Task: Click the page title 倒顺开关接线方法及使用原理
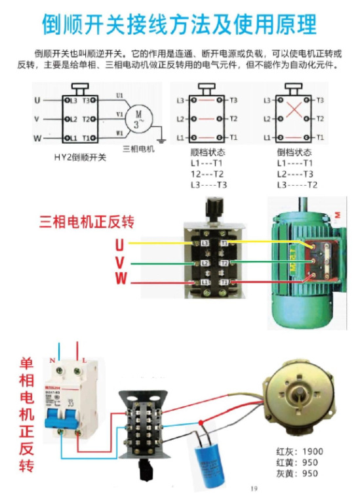[179, 24]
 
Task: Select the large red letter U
[119, 245]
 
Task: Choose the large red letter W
[120, 279]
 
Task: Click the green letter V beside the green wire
[120, 262]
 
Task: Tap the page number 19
[254, 488]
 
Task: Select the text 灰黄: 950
[300, 474]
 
